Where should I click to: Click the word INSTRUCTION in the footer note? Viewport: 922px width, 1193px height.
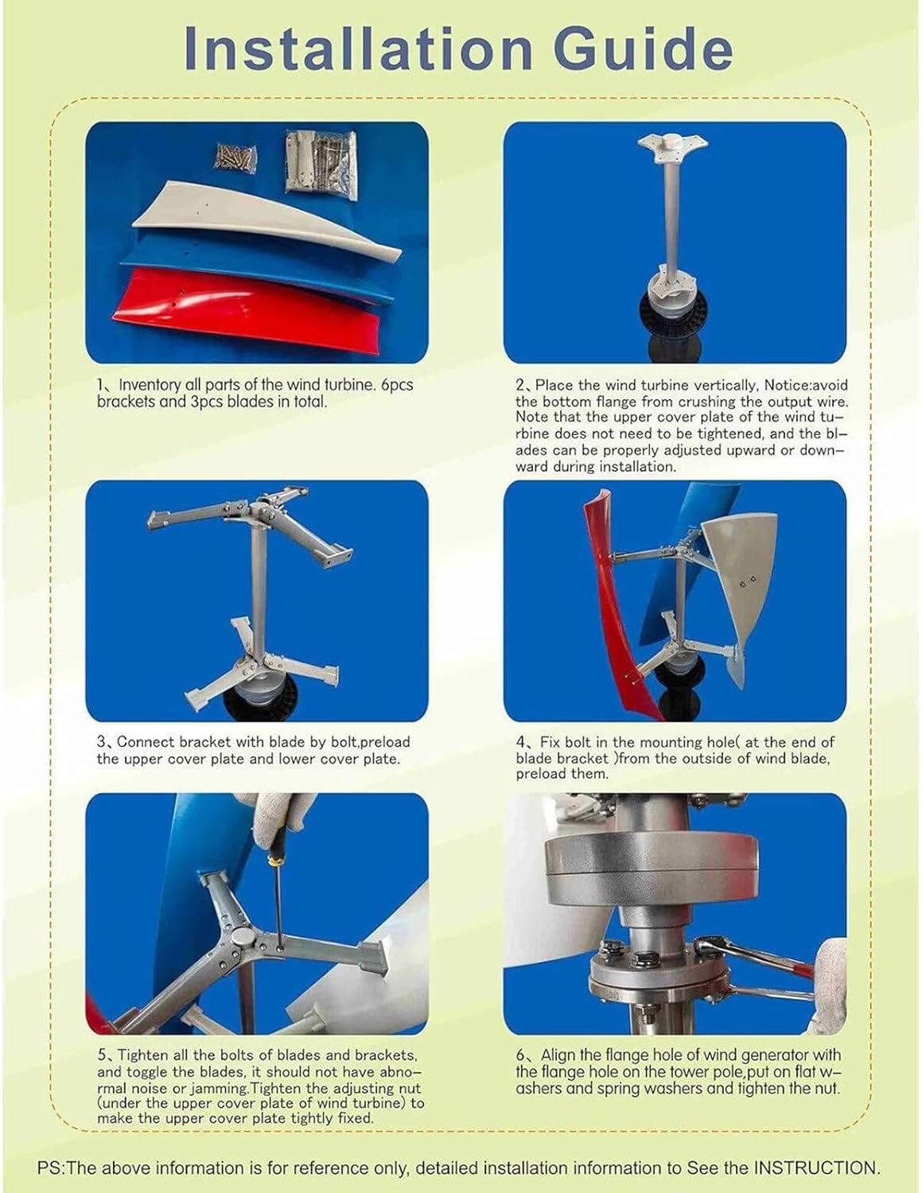(815, 1168)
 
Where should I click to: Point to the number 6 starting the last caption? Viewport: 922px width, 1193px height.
(521, 1055)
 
